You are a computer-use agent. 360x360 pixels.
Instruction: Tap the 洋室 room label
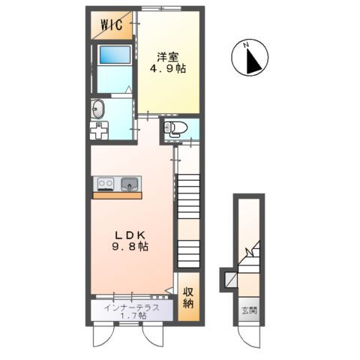coord(168,55)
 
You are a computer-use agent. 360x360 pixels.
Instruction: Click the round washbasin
coord(99,109)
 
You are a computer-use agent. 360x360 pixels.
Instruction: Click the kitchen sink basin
coord(130,183)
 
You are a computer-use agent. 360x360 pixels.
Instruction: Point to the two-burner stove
coord(103,183)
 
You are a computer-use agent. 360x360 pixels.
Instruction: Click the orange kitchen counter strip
coord(116,195)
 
